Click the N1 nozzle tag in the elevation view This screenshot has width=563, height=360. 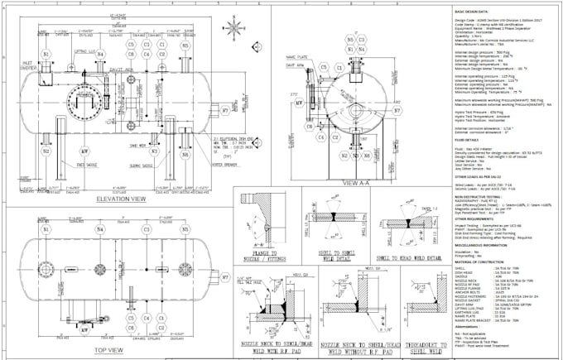coord(47,55)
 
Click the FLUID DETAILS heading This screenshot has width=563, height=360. coord(469,140)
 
